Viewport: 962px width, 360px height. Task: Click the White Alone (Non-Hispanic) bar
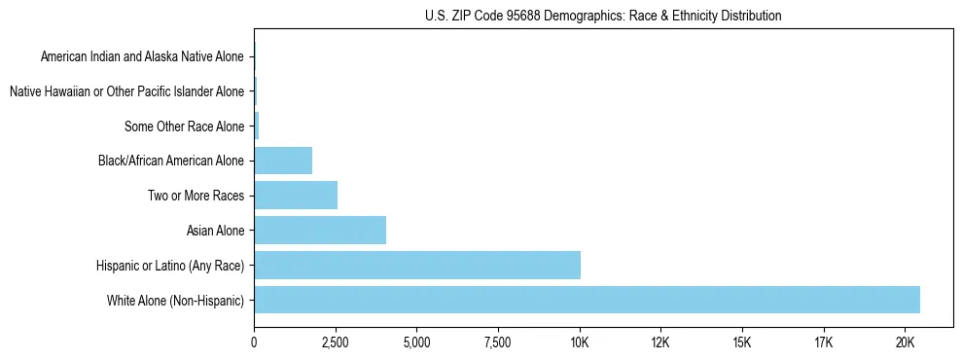pyautogui.click(x=587, y=300)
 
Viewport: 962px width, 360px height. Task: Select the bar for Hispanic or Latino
pyautogui.click(x=417, y=265)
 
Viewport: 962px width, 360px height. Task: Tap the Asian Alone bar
pyautogui.click(x=320, y=231)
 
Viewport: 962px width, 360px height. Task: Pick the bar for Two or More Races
pyautogui.click(x=296, y=196)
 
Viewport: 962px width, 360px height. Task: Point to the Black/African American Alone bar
pyautogui.click(x=283, y=161)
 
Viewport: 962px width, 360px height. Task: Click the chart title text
pyautogui.click(x=603, y=17)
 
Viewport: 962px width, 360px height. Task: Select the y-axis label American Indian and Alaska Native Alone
pyautogui.click(x=143, y=57)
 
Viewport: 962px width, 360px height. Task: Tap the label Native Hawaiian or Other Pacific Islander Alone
pyautogui.click(x=126, y=92)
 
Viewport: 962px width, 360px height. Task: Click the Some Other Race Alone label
pyautogui.click(x=185, y=126)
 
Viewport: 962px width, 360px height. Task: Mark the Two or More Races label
pyautogui.click(x=195, y=197)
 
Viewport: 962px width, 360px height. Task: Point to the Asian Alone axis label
pyautogui.click(x=215, y=231)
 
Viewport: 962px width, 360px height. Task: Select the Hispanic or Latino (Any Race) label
pyautogui.click(x=170, y=266)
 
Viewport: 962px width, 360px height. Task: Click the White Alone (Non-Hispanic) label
pyautogui.click(x=176, y=301)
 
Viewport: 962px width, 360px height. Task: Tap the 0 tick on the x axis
pyautogui.click(x=254, y=342)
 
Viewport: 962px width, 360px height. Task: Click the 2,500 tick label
pyautogui.click(x=336, y=342)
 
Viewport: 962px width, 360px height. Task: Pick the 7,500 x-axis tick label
pyautogui.click(x=498, y=342)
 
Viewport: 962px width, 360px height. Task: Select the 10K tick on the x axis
pyautogui.click(x=580, y=342)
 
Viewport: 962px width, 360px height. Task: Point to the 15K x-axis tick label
pyautogui.click(x=742, y=342)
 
